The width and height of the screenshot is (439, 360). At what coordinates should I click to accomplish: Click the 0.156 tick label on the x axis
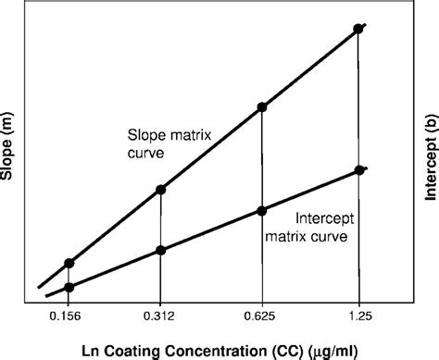click(x=68, y=318)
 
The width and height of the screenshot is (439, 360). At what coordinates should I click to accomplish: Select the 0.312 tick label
click(x=161, y=318)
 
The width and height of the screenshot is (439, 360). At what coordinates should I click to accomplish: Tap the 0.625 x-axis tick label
click(x=262, y=318)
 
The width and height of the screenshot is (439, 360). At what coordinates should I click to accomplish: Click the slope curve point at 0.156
click(x=69, y=264)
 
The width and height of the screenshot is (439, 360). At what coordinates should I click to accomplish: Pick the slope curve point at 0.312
click(x=161, y=190)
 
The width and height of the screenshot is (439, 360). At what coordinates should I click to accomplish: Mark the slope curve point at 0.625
click(x=263, y=108)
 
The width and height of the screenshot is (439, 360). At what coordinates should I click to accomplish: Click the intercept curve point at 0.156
click(x=69, y=287)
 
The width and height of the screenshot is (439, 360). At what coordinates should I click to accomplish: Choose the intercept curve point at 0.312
click(x=161, y=250)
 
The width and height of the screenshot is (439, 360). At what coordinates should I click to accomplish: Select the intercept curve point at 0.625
click(x=263, y=209)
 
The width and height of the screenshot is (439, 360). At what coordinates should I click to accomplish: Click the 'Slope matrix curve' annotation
click(x=159, y=145)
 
